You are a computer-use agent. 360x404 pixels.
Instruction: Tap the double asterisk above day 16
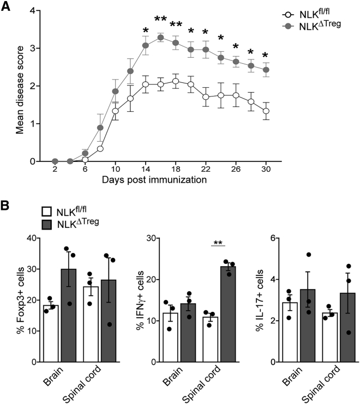(160, 20)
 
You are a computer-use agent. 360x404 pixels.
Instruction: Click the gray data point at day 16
(160, 38)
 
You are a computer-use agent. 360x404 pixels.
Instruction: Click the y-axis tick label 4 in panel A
(34, 11)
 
